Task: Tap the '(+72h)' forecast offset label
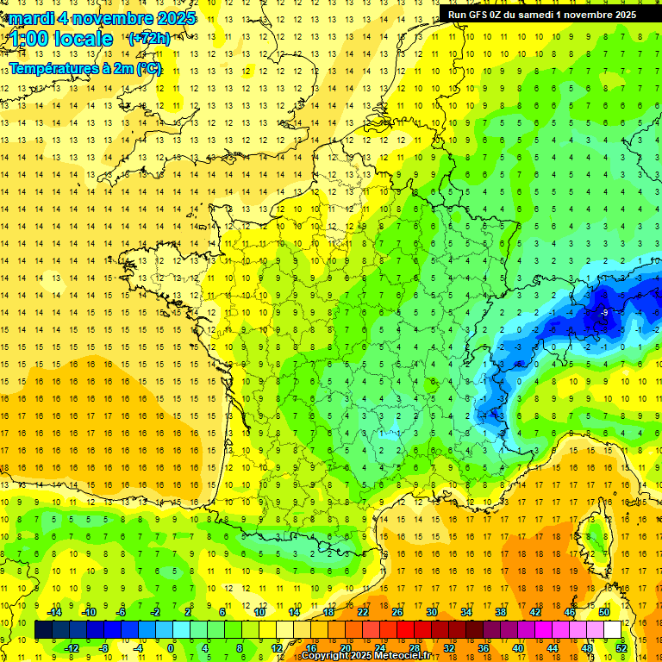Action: point(149,39)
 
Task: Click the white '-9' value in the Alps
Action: point(605,311)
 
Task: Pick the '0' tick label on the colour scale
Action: point(171,648)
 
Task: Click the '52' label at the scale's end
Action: point(621,648)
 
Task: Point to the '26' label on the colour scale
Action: point(397,612)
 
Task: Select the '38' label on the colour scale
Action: point(500,612)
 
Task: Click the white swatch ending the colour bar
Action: point(612,630)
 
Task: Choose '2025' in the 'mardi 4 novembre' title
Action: point(171,17)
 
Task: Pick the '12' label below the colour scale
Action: point(277,648)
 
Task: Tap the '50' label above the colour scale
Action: point(603,612)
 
